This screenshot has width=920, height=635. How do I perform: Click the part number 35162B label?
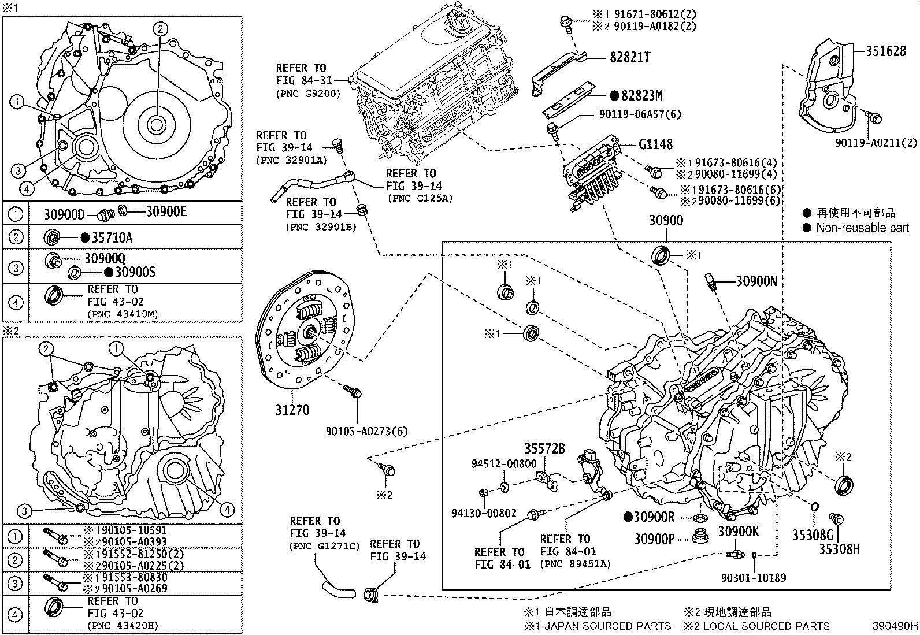885,50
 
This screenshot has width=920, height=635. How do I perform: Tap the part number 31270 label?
292,410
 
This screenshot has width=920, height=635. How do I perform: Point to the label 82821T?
630,57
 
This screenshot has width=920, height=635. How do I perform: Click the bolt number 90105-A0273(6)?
366,431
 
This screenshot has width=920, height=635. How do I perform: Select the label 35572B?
544,448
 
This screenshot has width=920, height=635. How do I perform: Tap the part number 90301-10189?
753,577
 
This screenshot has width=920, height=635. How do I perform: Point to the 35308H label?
839,549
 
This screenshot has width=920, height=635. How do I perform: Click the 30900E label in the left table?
166,211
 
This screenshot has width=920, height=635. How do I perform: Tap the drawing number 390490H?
895,626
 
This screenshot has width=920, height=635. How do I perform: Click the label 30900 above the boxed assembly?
666,220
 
